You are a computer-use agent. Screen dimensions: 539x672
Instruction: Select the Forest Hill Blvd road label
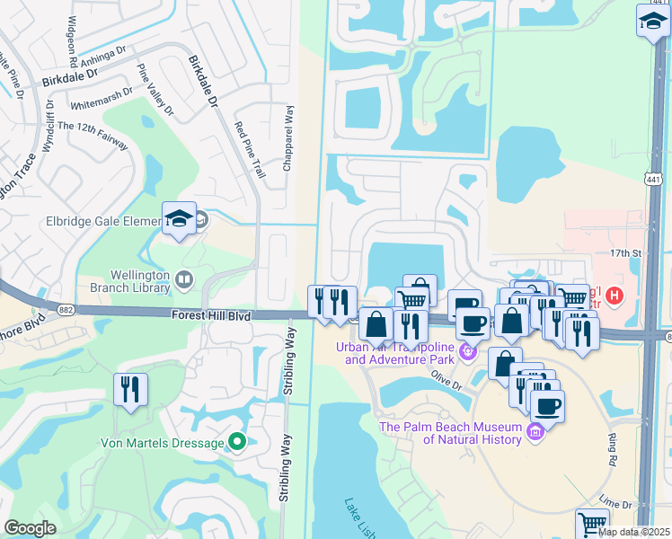214,314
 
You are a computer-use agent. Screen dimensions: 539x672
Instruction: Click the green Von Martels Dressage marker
237,441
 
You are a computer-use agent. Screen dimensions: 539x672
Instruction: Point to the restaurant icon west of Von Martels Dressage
131,390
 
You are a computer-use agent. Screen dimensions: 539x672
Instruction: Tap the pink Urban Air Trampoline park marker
467,353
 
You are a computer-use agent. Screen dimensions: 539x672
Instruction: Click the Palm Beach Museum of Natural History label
462,433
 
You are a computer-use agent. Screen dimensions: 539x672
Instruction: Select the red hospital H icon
615,295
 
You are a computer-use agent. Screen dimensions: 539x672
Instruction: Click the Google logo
30,528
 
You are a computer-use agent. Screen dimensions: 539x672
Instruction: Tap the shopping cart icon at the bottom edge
592,524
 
